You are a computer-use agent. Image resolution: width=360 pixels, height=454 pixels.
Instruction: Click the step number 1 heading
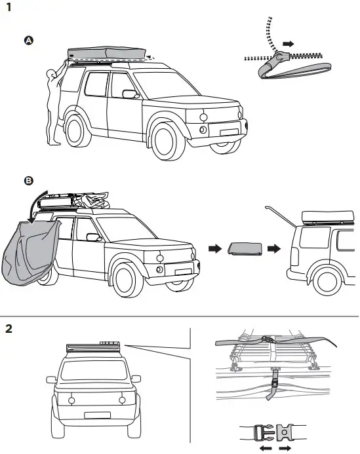tap(8, 9)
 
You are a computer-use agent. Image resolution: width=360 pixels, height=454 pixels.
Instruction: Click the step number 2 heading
tap(9, 328)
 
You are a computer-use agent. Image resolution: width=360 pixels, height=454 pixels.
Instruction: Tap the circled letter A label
tap(28, 41)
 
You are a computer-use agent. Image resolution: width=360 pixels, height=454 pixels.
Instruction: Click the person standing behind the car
tap(52, 105)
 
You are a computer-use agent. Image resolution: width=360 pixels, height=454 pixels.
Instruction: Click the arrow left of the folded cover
tap(213, 250)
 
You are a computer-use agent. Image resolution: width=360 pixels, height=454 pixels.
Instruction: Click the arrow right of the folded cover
tap(275, 250)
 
